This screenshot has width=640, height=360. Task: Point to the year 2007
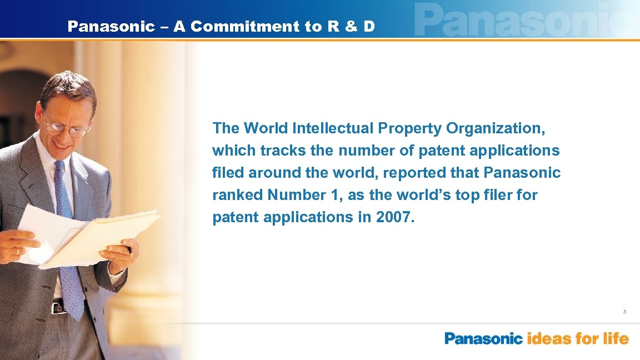point(394,217)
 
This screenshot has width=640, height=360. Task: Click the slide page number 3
point(624,312)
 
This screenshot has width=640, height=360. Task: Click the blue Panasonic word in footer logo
point(483,338)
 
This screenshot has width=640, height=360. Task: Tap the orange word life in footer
point(616,338)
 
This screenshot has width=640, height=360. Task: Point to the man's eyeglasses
point(67,127)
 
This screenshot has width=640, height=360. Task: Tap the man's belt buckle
point(57,307)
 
